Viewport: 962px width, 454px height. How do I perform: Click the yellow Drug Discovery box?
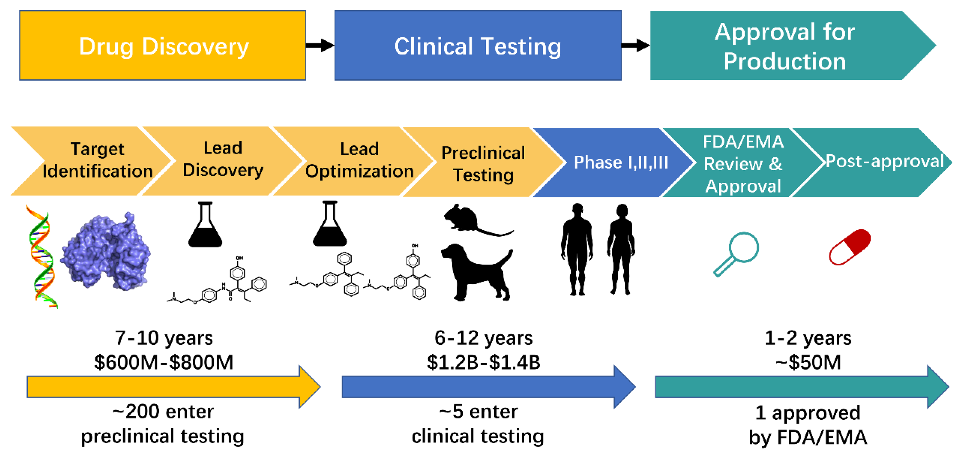coord(163,46)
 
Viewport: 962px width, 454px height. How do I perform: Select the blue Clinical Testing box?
coord(478,46)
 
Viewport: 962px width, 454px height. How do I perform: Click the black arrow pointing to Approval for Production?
coord(635,45)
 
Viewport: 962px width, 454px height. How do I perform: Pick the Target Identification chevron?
coord(93,160)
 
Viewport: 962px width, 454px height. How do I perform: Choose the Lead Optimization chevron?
coord(359,160)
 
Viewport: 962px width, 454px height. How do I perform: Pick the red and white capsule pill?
coord(850,247)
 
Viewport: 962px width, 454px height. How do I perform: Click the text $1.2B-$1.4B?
coord(483,362)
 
